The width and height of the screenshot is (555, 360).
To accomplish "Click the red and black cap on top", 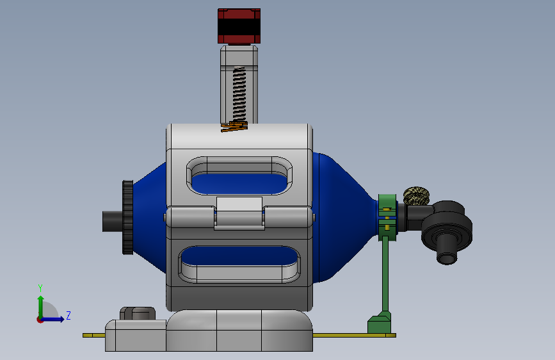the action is (x=239, y=26).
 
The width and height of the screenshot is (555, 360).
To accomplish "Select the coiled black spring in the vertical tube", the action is (x=239, y=94).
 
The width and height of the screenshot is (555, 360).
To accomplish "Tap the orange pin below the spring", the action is (x=234, y=126).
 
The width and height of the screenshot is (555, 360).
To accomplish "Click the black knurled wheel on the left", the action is (x=128, y=217).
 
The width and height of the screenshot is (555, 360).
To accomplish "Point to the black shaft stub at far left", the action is (x=113, y=222).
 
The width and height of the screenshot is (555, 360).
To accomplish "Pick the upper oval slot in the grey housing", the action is (x=239, y=176).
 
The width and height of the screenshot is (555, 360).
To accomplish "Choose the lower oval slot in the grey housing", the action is (x=239, y=265).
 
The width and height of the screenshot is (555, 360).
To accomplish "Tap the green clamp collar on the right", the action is (x=387, y=217).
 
